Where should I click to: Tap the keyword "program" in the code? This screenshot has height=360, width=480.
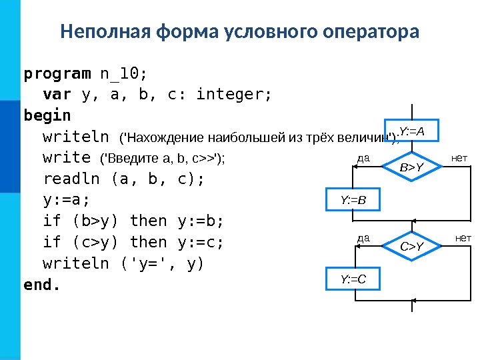[57, 72]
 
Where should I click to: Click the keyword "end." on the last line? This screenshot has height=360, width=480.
[41, 285]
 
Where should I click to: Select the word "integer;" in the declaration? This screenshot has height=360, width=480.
[234, 94]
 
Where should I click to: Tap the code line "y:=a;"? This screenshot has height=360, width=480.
[66, 200]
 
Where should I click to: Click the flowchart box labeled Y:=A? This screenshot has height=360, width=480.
[412, 131]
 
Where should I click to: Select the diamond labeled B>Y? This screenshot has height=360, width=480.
[412, 168]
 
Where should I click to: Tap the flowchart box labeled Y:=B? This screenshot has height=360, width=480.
[353, 199]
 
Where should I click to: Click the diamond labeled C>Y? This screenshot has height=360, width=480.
[412, 247]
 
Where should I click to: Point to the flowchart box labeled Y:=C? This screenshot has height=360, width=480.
[353, 279]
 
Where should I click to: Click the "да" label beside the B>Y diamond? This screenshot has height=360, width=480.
[363, 159]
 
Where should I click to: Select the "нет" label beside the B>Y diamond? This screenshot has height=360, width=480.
[460, 158]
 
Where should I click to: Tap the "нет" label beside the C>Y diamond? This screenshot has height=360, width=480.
[463, 238]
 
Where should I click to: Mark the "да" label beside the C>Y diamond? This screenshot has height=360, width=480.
[363, 238]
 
